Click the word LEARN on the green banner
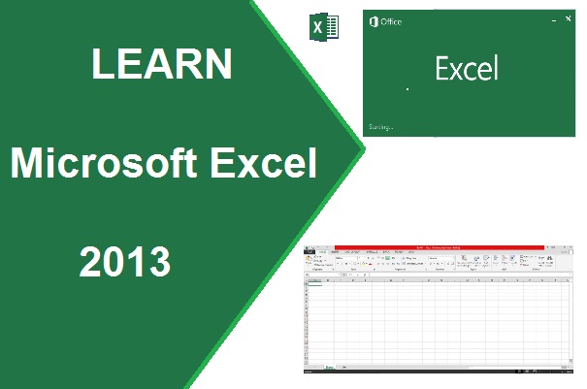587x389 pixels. [161, 65]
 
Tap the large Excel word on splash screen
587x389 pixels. [466, 69]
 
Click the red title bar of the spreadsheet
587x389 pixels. [441, 248]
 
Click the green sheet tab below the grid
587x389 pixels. [330, 367]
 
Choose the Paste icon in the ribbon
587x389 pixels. [310, 260]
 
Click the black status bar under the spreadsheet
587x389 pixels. [441, 373]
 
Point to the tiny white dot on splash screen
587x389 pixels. [407, 88]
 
